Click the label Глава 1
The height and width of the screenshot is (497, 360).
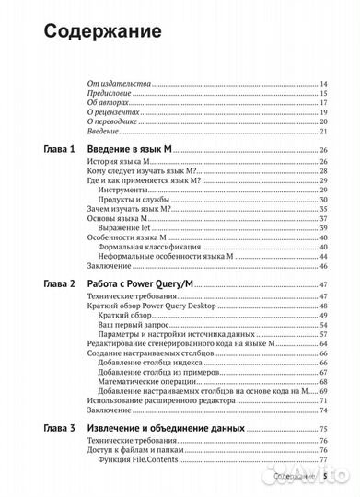coord(56,151)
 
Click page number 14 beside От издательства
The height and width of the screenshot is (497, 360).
coord(324,84)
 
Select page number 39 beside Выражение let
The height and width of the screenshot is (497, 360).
coord(324,229)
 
